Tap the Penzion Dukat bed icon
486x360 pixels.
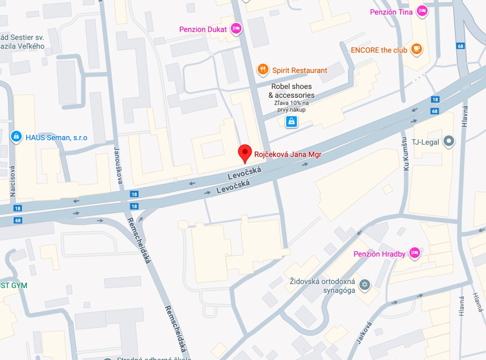[236, 29]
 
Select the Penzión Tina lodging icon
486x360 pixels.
[422, 11]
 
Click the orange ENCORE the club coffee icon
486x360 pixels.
[416, 49]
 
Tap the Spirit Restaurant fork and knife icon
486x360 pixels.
[263, 70]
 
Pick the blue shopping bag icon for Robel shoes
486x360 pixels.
[291, 121]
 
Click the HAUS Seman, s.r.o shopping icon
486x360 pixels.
[16, 137]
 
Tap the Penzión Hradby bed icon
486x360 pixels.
[414, 252]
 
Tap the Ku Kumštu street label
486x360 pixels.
[404, 152]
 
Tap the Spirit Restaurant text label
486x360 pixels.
[299, 70]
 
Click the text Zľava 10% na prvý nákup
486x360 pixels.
[292, 106]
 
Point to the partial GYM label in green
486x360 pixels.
[14, 285]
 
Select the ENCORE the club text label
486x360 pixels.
[379, 50]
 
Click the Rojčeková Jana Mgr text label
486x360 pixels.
[288, 155]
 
